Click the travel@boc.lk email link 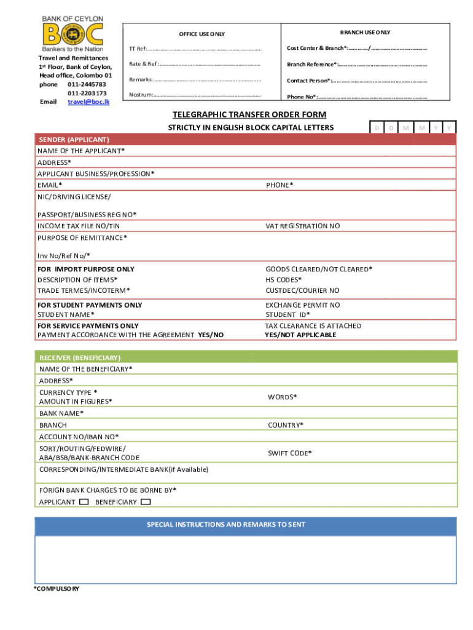point(88,102)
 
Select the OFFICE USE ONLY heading point(201,34)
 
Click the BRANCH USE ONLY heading point(365,32)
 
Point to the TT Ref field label point(138,49)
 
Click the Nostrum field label point(141,95)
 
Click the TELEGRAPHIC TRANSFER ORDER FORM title point(249,115)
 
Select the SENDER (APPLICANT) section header point(74,140)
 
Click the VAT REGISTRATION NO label point(302,226)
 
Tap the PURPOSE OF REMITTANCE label point(82,237)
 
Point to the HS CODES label point(283,279)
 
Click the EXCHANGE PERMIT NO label point(302,305)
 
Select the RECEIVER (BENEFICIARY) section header point(80,357)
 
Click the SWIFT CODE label point(289,453)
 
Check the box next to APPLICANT point(84,502)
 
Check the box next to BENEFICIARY point(146,502)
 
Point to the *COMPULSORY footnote point(57,589)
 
